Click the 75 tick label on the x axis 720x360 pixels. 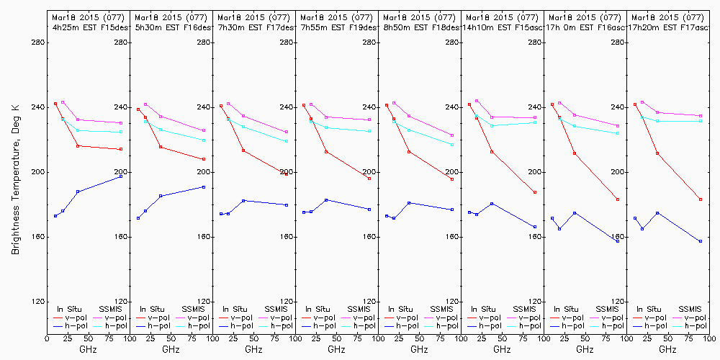107,337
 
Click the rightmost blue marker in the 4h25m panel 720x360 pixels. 121,176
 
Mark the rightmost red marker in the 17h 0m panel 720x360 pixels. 618,199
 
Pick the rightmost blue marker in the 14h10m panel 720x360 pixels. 535,227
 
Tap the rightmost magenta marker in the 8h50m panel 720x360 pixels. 452,135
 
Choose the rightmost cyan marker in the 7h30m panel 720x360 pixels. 287,141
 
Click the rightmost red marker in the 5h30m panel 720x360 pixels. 204,159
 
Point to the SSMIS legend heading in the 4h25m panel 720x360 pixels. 111,309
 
